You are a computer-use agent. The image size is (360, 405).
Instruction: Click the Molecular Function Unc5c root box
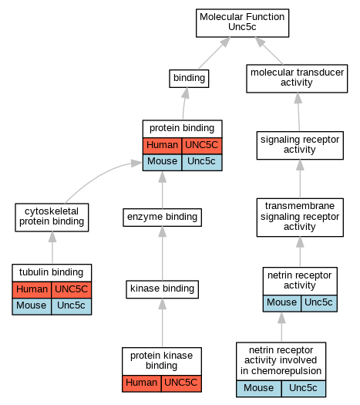point(242,23)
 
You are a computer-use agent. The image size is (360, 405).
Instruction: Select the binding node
point(189,78)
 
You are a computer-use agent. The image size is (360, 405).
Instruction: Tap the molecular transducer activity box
point(297,79)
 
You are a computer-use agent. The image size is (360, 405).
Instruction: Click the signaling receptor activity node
point(300,146)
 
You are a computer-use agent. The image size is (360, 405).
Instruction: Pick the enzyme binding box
point(162,218)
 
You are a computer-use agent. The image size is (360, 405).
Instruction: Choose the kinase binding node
point(162,289)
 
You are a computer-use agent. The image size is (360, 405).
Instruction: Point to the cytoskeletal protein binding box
point(52,218)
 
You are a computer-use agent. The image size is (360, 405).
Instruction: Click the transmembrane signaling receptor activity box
point(300,218)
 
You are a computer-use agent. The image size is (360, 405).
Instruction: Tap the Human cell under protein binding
point(162,146)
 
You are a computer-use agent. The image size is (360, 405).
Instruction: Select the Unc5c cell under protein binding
point(201,162)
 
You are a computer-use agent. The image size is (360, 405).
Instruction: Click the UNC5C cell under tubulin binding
point(71,290)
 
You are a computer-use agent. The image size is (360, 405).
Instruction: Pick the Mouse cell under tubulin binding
point(32,306)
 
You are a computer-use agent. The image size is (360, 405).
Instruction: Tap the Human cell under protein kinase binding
point(141,383)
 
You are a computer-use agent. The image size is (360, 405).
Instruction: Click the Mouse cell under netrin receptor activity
point(282,303)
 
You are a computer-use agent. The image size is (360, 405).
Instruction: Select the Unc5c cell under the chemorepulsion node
point(303,389)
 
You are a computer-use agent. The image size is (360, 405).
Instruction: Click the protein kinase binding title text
point(162,361)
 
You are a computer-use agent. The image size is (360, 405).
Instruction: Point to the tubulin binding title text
point(52,272)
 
